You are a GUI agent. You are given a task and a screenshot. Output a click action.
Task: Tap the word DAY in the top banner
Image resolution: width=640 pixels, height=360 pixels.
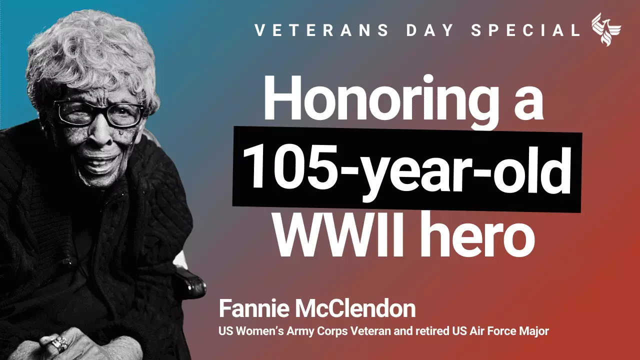[x=428, y=30]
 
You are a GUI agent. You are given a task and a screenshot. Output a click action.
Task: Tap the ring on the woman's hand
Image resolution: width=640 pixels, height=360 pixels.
[x=59, y=344]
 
